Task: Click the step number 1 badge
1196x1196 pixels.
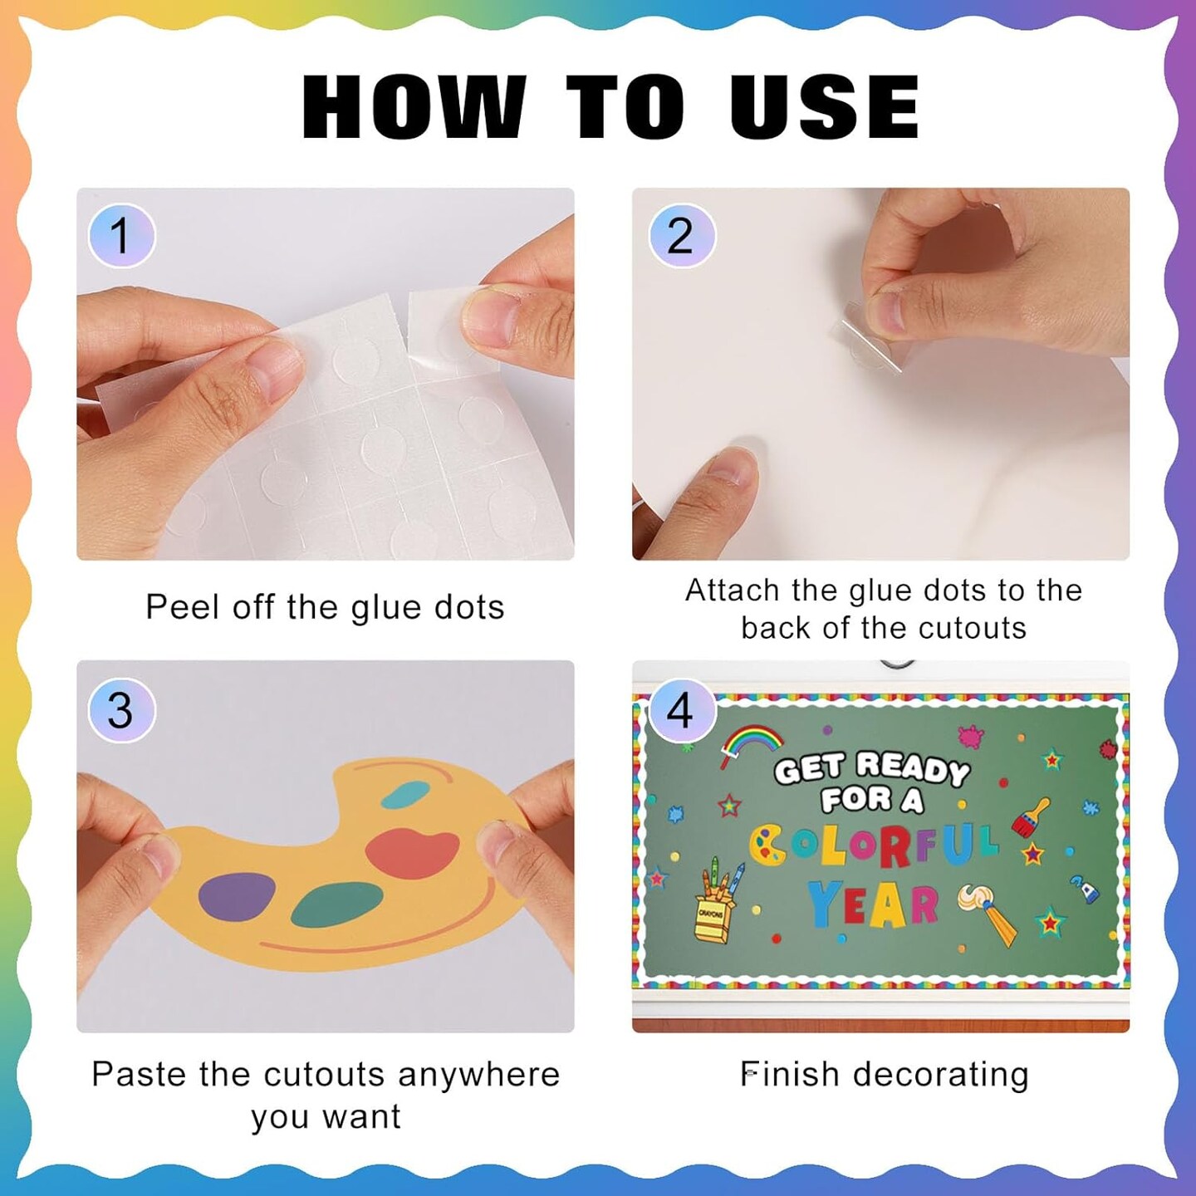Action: tap(121, 236)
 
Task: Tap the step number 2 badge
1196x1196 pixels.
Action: tap(681, 236)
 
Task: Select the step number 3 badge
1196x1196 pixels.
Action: tap(121, 710)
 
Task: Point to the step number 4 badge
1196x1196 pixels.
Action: tap(681, 710)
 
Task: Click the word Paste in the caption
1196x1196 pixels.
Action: tap(139, 1074)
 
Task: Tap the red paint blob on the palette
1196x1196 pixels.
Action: tap(412, 854)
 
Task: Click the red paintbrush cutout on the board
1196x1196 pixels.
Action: tap(1032, 816)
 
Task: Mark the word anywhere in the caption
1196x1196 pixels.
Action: tap(478, 1074)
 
